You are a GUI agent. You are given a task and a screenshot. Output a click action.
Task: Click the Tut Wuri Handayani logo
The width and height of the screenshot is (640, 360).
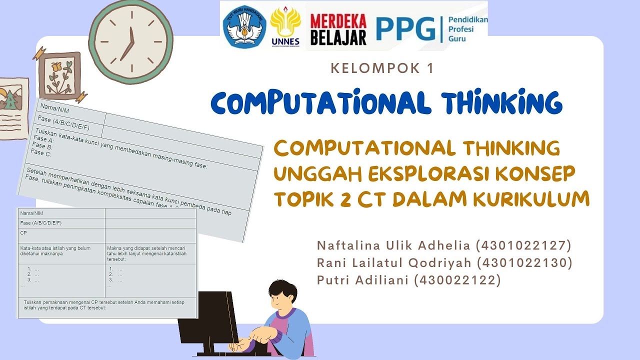point(244,26)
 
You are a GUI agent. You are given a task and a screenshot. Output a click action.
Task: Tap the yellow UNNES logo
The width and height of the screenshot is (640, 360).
point(285,25)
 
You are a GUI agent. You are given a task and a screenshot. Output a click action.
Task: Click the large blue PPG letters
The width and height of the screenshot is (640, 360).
point(405,29)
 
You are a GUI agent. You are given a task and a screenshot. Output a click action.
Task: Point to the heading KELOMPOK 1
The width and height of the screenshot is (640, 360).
point(382,68)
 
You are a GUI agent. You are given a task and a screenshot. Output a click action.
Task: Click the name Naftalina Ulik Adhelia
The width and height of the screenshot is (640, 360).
point(393,245)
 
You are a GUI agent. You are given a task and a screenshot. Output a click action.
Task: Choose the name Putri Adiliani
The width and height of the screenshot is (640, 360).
point(363,280)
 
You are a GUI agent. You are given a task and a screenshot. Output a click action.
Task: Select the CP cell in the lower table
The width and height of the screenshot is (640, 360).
point(23,233)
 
